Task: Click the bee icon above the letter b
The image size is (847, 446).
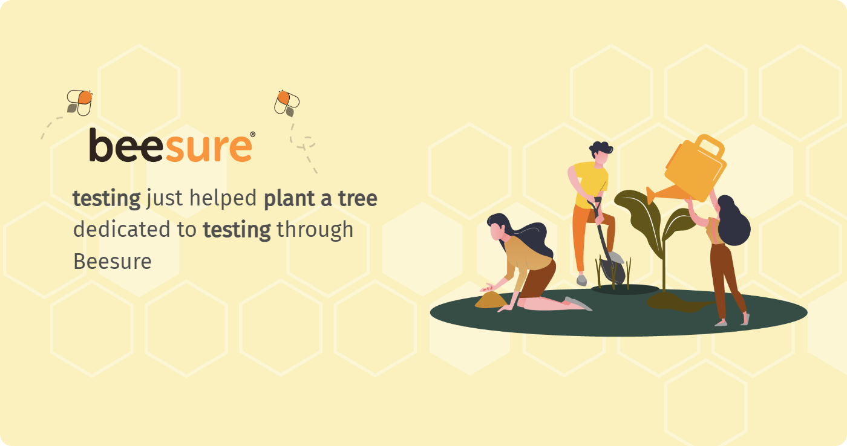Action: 79,103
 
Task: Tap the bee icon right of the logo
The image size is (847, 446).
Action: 287,103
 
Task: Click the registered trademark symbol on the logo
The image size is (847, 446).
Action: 253,134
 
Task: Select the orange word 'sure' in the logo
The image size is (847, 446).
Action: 208,148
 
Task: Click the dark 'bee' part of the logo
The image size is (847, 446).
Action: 126,146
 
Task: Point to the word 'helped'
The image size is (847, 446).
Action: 223,198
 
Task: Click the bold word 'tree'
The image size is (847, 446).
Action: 358,198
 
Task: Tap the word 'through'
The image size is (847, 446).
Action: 315,230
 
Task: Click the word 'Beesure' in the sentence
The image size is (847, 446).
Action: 113,261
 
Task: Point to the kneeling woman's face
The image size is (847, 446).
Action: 497,231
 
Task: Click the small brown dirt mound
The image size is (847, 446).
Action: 491,300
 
